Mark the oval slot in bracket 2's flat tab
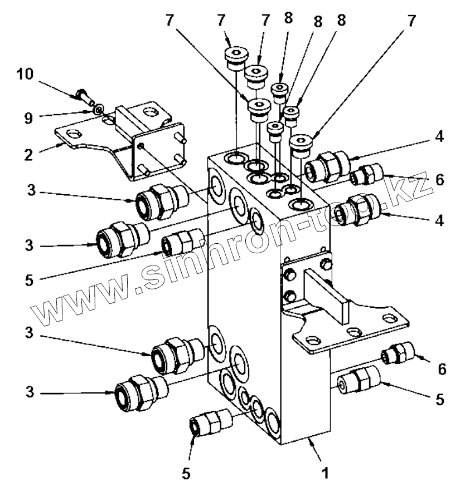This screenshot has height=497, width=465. pos(73,134)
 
